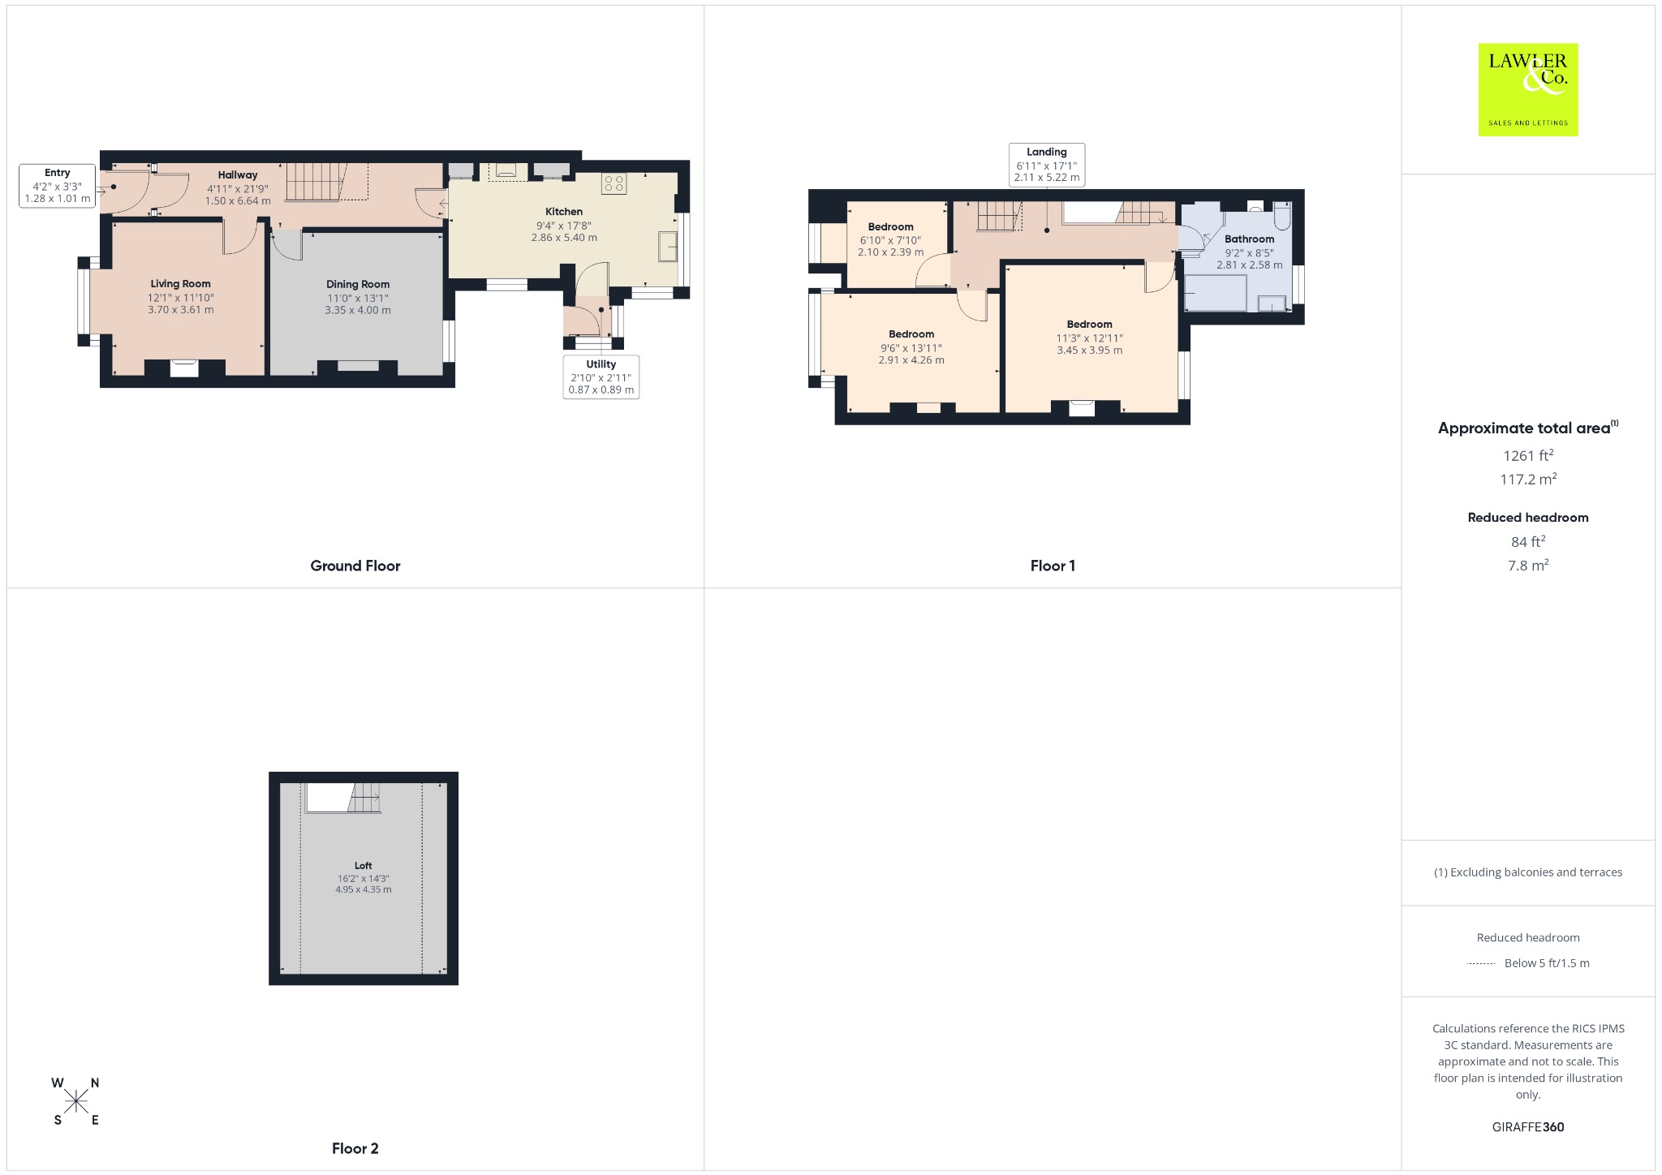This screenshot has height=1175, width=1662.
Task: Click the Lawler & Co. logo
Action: point(1527,89)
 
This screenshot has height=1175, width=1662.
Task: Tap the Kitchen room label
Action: point(564,212)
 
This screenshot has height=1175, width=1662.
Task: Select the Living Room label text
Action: point(180,284)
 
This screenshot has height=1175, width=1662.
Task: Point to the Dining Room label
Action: point(358,284)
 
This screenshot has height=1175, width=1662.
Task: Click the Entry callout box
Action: point(58,186)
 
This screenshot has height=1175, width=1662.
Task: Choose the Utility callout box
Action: point(601,377)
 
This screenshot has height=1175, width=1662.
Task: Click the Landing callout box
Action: point(1047,165)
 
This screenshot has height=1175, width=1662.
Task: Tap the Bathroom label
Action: point(1249,239)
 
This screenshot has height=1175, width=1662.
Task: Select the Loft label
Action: point(363,866)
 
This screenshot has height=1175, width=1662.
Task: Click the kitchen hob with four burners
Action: point(614,183)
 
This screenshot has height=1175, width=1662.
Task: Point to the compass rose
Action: point(76,1101)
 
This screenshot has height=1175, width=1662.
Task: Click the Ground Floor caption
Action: point(355,566)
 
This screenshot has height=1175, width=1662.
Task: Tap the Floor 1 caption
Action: point(1053,566)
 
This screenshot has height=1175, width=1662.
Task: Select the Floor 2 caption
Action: point(355,1148)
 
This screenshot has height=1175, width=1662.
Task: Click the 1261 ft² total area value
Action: point(1528,455)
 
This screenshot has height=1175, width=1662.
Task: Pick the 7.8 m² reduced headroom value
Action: point(1528,565)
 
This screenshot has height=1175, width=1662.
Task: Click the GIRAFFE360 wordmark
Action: point(1528,1126)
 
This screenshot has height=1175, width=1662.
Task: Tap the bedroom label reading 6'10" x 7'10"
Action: point(890,240)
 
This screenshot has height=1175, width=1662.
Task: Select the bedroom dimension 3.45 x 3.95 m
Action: point(1089,351)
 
